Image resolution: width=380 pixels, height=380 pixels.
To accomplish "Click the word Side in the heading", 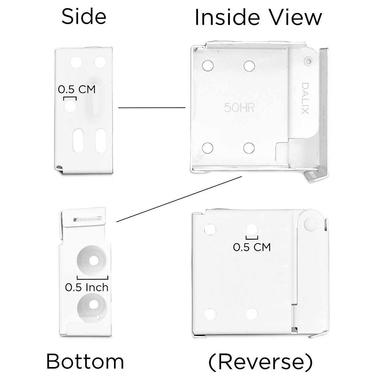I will click(x=84, y=16).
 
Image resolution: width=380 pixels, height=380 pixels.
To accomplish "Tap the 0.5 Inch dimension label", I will click(x=87, y=287).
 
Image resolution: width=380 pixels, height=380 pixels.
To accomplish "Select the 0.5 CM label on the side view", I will click(x=77, y=89).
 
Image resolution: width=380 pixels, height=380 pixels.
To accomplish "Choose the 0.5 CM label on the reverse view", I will click(x=252, y=246).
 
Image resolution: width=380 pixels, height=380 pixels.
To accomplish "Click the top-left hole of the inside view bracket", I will click(x=208, y=66).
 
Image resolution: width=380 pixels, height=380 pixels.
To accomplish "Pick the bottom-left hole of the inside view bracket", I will click(x=208, y=147).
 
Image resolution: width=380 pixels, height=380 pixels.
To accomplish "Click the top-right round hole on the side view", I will click(x=100, y=62).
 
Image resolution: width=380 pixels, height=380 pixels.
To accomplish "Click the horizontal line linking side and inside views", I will click(x=152, y=108).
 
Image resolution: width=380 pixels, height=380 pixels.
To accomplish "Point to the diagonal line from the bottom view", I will click(x=179, y=199).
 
